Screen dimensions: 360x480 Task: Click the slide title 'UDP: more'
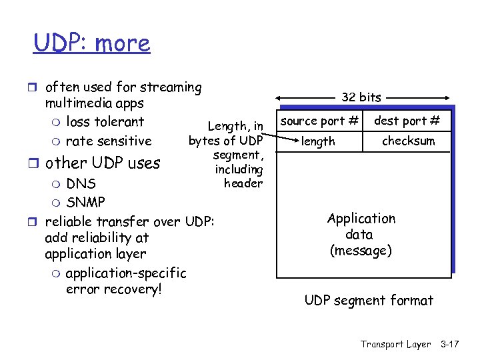pos(92,43)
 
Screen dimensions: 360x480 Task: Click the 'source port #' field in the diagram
pos(319,121)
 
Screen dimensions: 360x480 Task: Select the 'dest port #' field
pos(407,121)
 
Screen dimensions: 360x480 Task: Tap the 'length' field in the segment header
pos(318,141)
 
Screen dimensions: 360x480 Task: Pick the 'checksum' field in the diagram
pos(408,141)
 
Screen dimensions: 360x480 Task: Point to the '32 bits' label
pos(361,97)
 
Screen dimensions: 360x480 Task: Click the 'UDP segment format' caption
pos(369,301)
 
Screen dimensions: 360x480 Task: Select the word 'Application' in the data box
pos(361,219)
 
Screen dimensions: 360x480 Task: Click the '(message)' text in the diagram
pos(361,251)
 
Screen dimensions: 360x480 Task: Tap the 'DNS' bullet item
pos(81,183)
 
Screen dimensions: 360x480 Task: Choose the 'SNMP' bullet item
pos(85,201)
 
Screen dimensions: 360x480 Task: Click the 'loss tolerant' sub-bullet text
pos(105,122)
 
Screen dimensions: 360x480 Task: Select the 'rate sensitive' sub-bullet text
pos(109,141)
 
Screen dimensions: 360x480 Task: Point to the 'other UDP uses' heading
pos(103,163)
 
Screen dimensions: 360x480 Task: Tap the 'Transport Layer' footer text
pos(395,344)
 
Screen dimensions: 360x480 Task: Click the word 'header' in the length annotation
pos(243,183)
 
